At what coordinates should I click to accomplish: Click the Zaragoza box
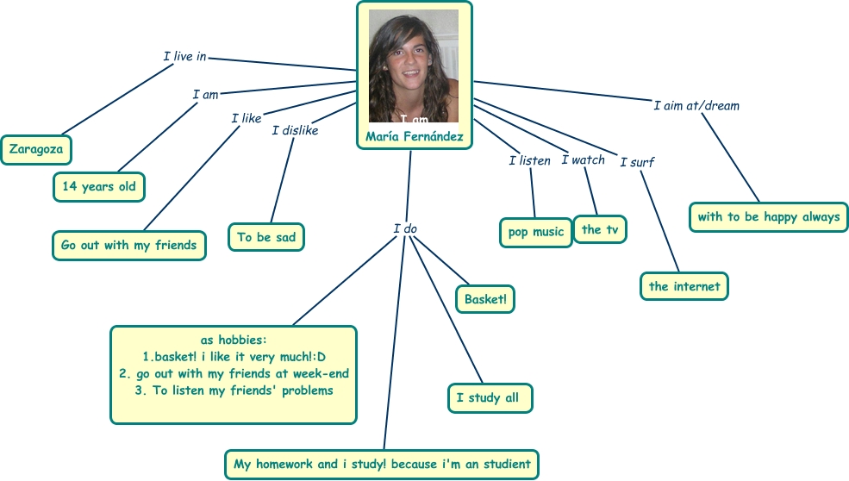36,150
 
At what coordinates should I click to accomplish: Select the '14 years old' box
99,186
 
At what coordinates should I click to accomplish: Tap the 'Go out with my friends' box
128,245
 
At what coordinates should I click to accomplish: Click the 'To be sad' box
266,237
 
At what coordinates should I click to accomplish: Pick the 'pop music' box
535,232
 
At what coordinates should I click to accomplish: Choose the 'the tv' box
600,229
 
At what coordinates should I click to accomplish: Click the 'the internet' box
684,286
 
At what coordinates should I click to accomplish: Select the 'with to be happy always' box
769,216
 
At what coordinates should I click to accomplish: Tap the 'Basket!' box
485,299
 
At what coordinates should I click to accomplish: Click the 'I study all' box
490,397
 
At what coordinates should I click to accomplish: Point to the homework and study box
382,464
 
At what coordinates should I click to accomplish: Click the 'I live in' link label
184,57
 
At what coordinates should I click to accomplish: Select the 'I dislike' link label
295,130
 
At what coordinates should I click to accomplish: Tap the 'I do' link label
405,228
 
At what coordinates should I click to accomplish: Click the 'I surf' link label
638,161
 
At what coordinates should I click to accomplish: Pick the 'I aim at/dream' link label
696,106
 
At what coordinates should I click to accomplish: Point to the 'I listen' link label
529,160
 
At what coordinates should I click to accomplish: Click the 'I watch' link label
583,159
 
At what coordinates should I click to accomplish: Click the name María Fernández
415,137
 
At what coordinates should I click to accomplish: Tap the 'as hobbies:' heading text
234,340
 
